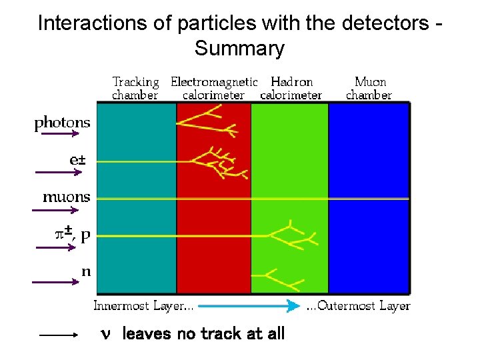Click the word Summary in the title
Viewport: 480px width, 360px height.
(x=239, y=49)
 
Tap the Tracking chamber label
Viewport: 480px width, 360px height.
(x=135, y=88)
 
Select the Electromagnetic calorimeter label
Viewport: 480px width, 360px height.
(x=213, y=88)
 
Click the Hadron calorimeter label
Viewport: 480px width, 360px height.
(x=291, y=88)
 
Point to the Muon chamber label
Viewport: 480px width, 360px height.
(x=369, y=88)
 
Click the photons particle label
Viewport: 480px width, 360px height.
(x=62, y=123)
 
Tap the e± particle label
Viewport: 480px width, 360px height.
(x=79, y=161)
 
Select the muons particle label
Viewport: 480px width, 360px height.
(x=66, y=197)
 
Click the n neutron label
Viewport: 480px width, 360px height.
(x=85, y=272)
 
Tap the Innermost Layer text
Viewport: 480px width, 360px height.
(x=144, y=307)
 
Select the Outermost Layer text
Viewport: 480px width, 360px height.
(x=358, y=307)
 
